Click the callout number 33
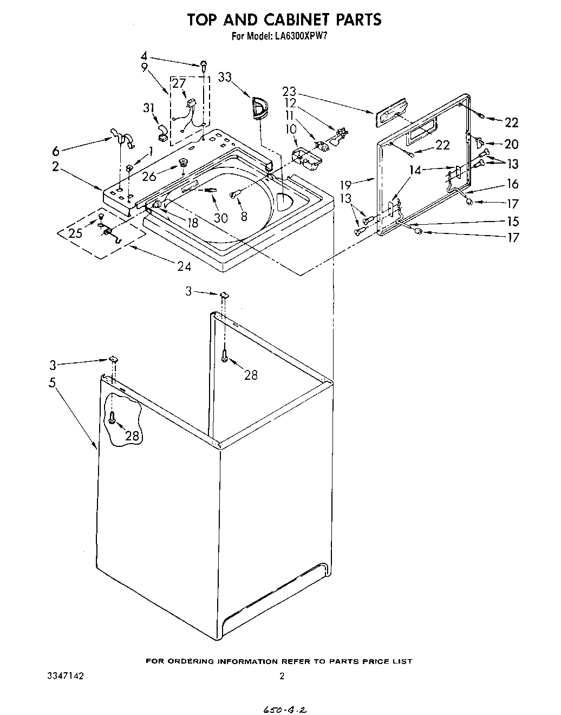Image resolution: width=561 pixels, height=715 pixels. [225, 77]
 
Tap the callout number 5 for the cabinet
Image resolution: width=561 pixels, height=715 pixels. [52, 382]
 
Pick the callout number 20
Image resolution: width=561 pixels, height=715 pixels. [511, 144]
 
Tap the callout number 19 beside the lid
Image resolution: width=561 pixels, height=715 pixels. [349, 184]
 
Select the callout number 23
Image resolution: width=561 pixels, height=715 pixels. [290, 92]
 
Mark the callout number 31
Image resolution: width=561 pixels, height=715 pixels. [149, 108]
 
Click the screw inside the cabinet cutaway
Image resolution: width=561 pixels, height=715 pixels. [112, 417]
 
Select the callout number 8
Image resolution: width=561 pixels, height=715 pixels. [244, 217]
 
